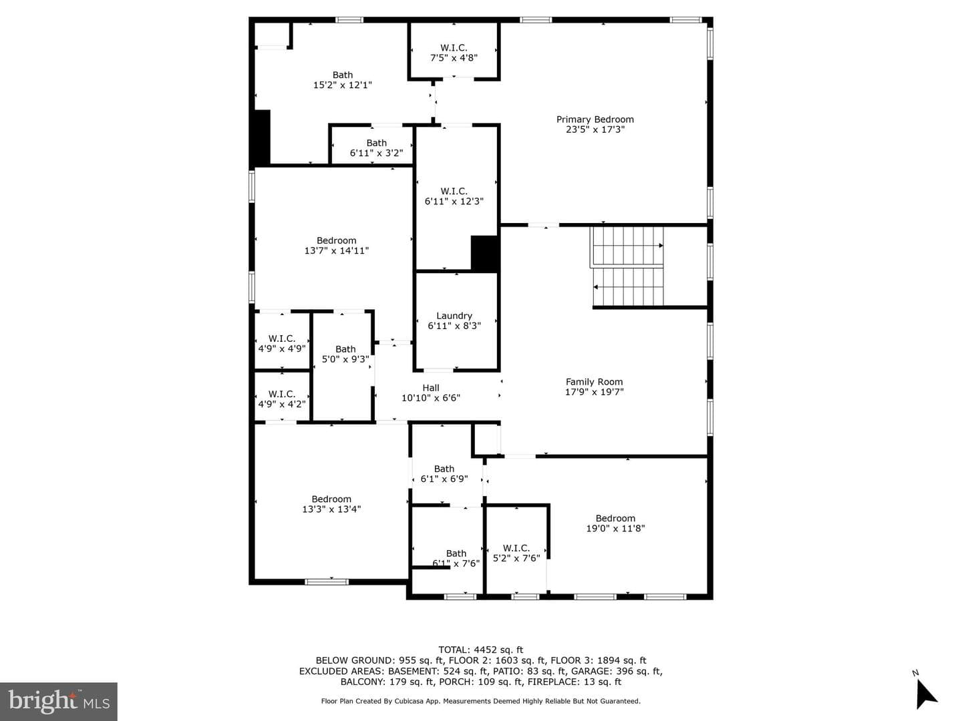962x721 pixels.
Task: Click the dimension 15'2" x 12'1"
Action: point(342,85)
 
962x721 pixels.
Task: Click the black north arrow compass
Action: point(926,694)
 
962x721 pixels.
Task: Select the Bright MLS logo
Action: point(59,701)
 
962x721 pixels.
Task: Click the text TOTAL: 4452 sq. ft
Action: point(481,650)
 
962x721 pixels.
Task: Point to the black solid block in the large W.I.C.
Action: point(485,253)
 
